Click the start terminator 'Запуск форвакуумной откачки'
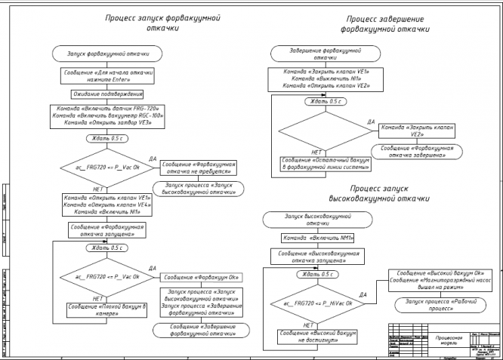(108, 54)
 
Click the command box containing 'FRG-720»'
(108, 115)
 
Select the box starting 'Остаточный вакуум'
(325, 164)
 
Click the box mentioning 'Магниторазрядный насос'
(440, 279)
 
